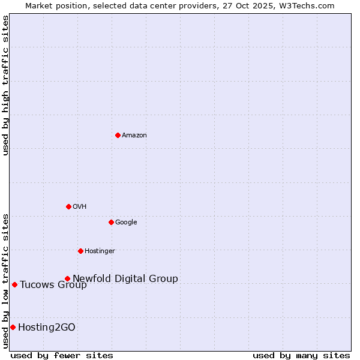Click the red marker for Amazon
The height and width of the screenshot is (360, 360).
(118, 135)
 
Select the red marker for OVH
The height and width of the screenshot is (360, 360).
(68, 206)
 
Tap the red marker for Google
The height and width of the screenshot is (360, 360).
(111, 222)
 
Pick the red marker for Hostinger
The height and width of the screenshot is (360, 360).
(80, 251)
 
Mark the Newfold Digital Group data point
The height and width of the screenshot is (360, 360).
(67, 278)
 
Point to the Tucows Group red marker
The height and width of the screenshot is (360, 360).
(14, 284)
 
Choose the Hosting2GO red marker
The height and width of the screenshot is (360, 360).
(13, 327)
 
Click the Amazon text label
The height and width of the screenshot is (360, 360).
(134, 136)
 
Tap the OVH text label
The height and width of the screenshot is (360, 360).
(80, 207)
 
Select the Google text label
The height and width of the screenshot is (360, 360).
(126, 223)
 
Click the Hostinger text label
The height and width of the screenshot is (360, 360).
(100, 251)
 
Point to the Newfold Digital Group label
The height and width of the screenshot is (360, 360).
(125, 279)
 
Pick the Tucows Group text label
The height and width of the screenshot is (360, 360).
(53, 285)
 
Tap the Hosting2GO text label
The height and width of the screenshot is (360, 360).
(47, 328)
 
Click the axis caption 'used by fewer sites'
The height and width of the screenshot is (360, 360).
(62, 355)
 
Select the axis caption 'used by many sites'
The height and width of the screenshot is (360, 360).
(301, 355)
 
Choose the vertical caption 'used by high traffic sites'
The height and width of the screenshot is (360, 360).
(6, 85)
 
